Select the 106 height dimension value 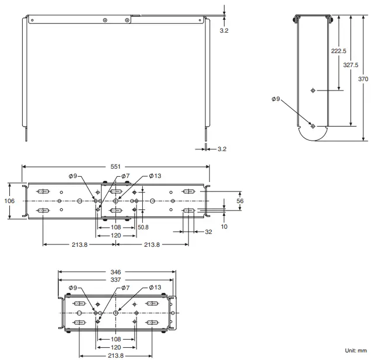(9, 200)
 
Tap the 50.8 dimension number (143, 227)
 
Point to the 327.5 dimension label (351, 65)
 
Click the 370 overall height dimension (363, 78)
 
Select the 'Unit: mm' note (355, 351)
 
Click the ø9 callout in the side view (276, 99)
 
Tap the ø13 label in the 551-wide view (155, 175)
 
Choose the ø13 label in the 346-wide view (155, 288)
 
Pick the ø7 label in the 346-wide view (124, 288)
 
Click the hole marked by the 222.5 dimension (313, 90)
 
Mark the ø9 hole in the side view (313, 125)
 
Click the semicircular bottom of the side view (313, 134)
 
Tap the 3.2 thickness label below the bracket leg (222, 149)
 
